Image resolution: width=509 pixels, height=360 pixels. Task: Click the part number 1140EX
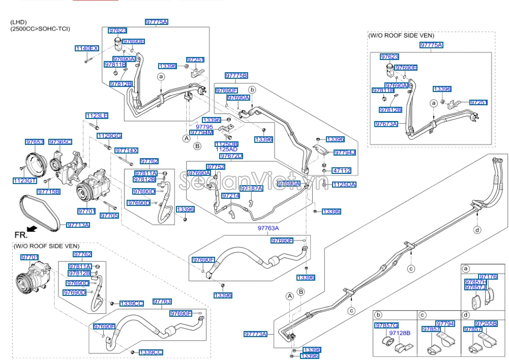pos(86,48)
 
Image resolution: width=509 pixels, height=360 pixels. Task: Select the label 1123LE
pos(96,116)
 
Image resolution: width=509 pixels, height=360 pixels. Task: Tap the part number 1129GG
pos(109,136)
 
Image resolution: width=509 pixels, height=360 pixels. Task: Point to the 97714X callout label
pos(126,151)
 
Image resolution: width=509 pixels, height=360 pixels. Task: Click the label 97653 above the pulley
pos(35,142)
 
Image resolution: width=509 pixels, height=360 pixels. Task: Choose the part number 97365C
pos(60,142)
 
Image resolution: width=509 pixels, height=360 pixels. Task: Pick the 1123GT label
pos(25,180)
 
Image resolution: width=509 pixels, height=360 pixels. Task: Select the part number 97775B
pos(236,76)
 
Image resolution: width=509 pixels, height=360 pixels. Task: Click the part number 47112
pos(342,171)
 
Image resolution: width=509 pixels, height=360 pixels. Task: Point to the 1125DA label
pos(344,185)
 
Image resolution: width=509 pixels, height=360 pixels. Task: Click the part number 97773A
pos(255,334)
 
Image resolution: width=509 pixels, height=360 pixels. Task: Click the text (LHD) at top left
pos(19,22)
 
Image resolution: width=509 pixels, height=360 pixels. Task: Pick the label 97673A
pos(386,124)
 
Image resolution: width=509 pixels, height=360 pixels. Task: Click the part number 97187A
pos(251,189)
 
